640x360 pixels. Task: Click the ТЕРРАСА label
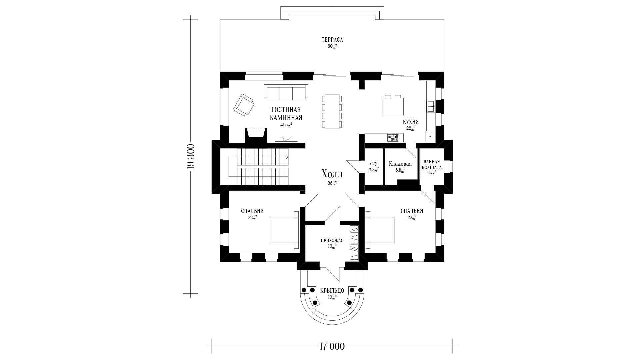click(x=332, y=40)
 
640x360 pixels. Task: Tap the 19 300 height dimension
click(x=191, y=157)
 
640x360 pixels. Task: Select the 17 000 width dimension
click(x=332, y=346)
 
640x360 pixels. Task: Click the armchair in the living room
click(x=244, y=105)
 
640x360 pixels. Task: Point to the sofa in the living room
click(x=286, y=92)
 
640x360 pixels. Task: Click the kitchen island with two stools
click(x=393, y=105)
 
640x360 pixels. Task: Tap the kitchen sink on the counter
click(x=431, y=106)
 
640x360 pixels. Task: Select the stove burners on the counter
click(x=393, y=138)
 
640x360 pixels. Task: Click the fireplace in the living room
click(x=256, y=135)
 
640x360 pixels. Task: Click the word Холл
click(x=332, y=174)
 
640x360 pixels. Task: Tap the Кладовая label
click(x=400, y=164)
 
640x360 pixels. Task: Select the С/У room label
click(x=374, y=164)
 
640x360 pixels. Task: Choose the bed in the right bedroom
click(x=380, y=230)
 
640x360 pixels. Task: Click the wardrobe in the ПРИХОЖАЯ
click(x=354, y=243)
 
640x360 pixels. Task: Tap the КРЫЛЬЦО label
click(x=332, y=291)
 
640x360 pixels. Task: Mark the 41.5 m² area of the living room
click(x=286, y=125)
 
